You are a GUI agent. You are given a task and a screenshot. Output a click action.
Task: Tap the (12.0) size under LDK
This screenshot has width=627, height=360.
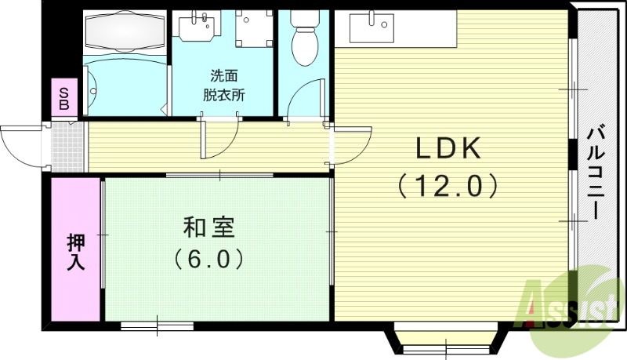[448, 186]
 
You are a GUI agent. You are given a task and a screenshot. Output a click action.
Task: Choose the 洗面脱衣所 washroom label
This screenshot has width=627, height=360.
[223, 85]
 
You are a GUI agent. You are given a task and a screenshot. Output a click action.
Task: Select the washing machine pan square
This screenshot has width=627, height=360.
[252, 28]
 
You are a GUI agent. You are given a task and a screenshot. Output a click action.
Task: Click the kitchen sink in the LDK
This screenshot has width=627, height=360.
[369, 29]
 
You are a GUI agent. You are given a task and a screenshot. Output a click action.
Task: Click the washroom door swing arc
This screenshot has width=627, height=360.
[219, 141]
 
